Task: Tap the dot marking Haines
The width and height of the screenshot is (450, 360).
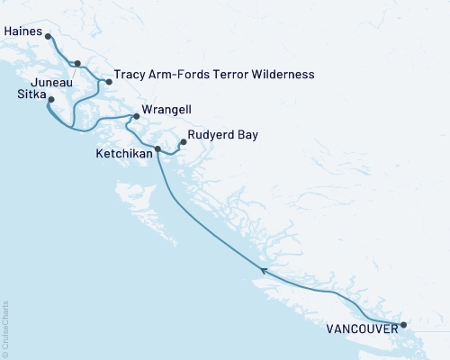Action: tap(48, 37)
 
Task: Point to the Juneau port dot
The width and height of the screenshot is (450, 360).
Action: tap(77, 64)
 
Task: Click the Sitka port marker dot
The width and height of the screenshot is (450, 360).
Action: tap(51, 99)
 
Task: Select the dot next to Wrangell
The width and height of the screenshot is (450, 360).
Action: tap(136, 116)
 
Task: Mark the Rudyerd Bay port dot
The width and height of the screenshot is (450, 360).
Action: tap(184, 141)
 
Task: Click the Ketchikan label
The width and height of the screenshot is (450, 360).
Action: tap(123, 154)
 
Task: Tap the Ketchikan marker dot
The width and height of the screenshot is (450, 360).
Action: tap(157, 148)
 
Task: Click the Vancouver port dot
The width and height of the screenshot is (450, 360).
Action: tap(403, 325)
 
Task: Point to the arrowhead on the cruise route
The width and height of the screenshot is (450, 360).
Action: tap(263, 269)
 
